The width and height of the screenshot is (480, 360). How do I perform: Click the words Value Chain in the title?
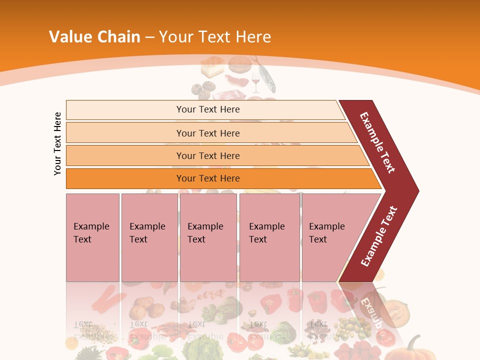(x=94, y=37)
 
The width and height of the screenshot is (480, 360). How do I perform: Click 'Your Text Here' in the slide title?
(x=215, y=37)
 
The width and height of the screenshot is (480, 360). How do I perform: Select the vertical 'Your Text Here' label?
(x=57, y=143)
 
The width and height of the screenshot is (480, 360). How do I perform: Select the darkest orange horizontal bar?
(x=125, y=178)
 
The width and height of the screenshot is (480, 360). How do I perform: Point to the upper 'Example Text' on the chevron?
(x=377, y=142)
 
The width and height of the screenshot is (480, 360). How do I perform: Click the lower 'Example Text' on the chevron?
(x=378, y=236)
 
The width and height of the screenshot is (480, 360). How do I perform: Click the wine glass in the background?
(x=256, y=81)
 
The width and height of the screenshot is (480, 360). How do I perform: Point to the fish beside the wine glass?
(x=266, y=75)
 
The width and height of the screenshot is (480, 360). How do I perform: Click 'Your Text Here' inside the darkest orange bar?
(x=208, y=178)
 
